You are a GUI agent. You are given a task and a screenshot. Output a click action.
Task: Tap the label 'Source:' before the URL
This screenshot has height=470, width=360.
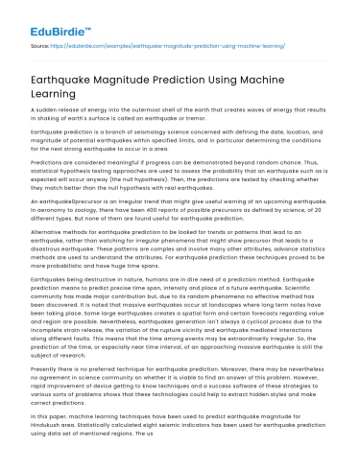click(x=41, y=44)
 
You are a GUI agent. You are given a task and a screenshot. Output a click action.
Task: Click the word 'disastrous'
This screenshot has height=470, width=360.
click(x=57, y=273)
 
